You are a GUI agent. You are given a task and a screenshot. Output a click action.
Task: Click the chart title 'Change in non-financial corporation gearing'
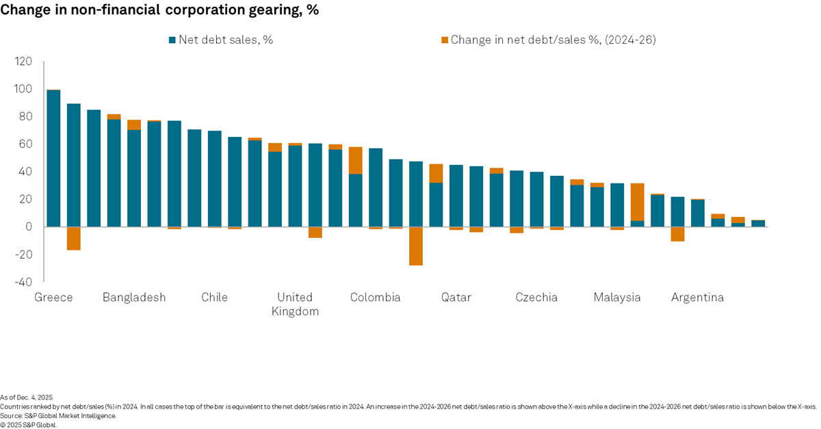159,11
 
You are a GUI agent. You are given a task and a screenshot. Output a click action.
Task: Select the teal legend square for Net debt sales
172,40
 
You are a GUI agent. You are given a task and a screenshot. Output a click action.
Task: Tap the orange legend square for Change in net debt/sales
444,40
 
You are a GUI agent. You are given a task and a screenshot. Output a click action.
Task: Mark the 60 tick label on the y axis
26,144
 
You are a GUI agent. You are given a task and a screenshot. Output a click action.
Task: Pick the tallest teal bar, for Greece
53,158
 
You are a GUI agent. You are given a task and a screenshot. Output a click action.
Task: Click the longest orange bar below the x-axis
415,246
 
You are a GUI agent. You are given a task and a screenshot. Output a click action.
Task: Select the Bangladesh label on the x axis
134,298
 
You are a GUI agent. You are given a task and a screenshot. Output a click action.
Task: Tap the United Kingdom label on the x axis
295,304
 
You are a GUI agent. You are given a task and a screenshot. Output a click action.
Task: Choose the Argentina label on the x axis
697,298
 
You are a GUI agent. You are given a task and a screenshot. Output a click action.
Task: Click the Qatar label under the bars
456,298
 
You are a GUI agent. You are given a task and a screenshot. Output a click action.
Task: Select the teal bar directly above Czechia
536,199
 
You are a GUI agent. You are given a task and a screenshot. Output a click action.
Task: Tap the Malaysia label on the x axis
616,298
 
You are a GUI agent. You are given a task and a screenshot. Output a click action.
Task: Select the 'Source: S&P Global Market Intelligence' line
58,415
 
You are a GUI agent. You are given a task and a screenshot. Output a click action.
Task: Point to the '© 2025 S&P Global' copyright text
29,424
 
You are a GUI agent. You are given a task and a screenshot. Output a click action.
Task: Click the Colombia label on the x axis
375,298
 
